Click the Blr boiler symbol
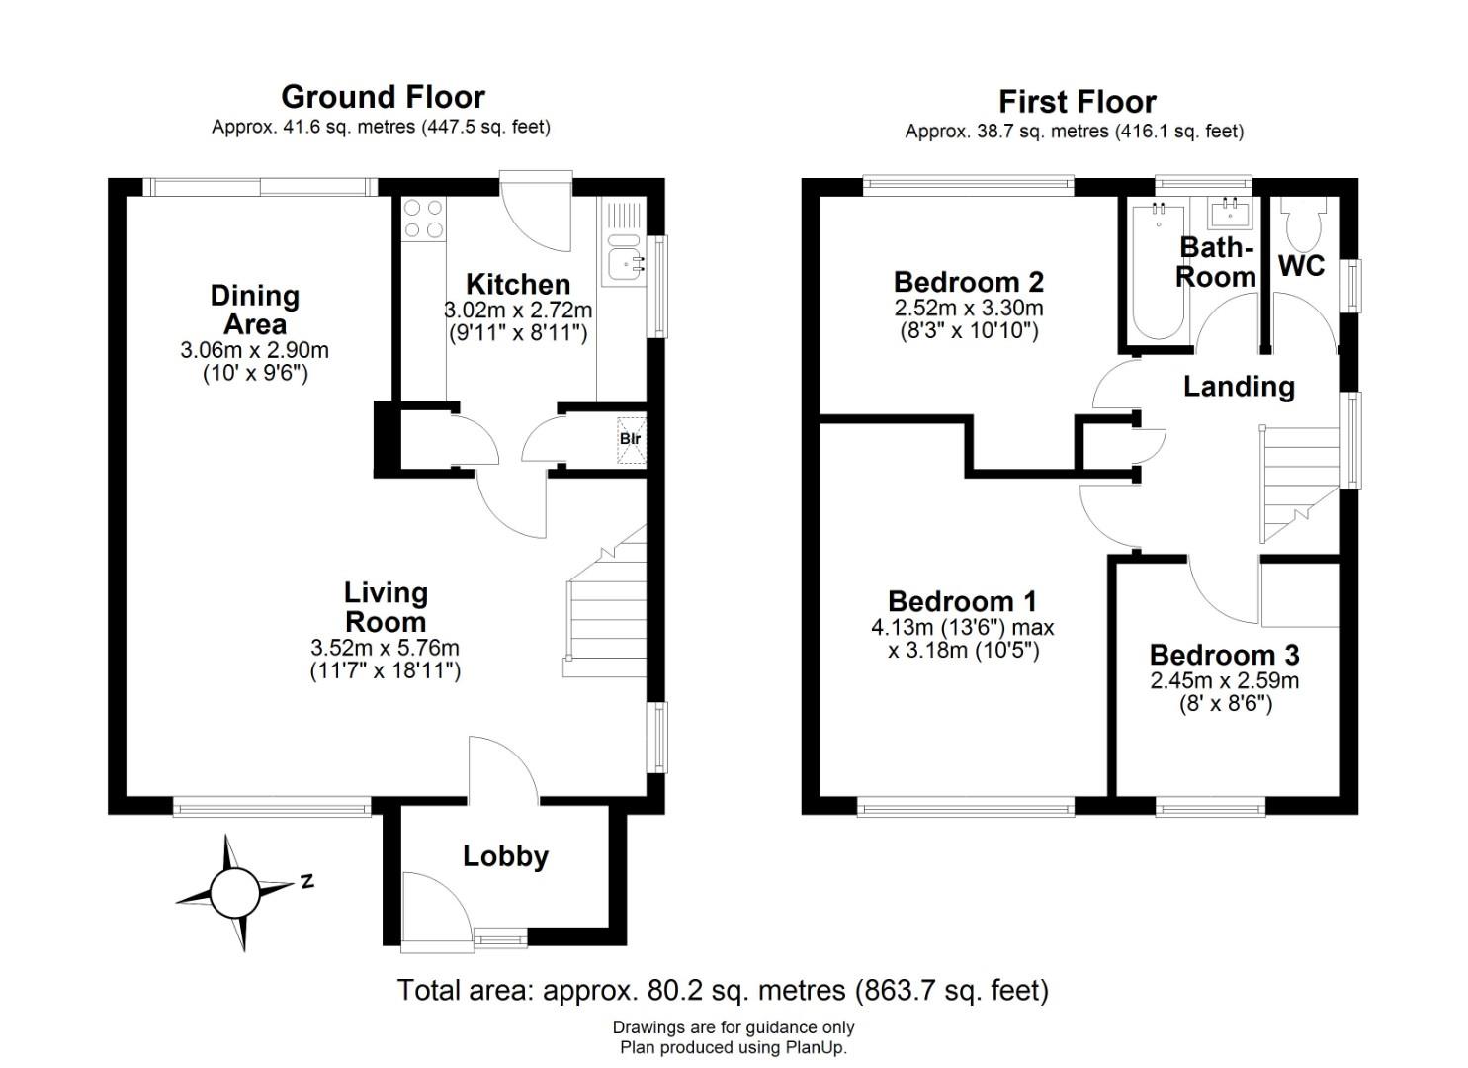[x=631, y=440]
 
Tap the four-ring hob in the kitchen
[x=423, y=219]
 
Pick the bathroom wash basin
[x=1230, y=213]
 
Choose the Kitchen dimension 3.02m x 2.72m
[x=518, y=310]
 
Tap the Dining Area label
[x=255, y=311]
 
